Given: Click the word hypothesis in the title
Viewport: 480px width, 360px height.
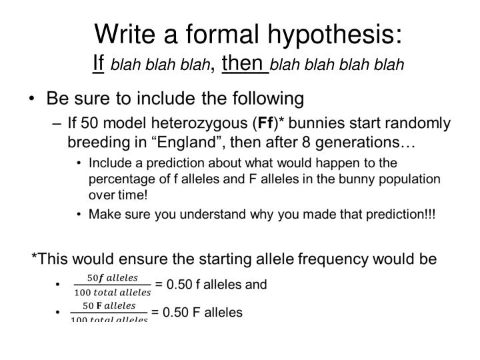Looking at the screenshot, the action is coord(335,35).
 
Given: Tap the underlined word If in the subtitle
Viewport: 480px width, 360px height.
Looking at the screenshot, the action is coord(98,63).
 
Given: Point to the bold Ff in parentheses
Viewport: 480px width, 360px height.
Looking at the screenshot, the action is coord(265,123).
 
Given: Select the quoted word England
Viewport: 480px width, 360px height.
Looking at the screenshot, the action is coord(187,143).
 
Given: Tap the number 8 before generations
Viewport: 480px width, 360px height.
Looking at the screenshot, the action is coord(306,143).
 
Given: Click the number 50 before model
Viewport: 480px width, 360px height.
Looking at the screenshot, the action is coord(89,123).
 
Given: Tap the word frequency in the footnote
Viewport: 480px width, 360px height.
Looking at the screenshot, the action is coord(333,259).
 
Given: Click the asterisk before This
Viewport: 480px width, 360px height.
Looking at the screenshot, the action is coord(34,255).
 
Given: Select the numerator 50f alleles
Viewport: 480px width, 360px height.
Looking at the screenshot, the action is coord(113,277).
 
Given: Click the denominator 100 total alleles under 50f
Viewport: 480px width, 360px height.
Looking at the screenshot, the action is coord(113,293).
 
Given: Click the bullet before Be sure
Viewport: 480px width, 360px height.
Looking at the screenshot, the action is coord(31,99).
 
